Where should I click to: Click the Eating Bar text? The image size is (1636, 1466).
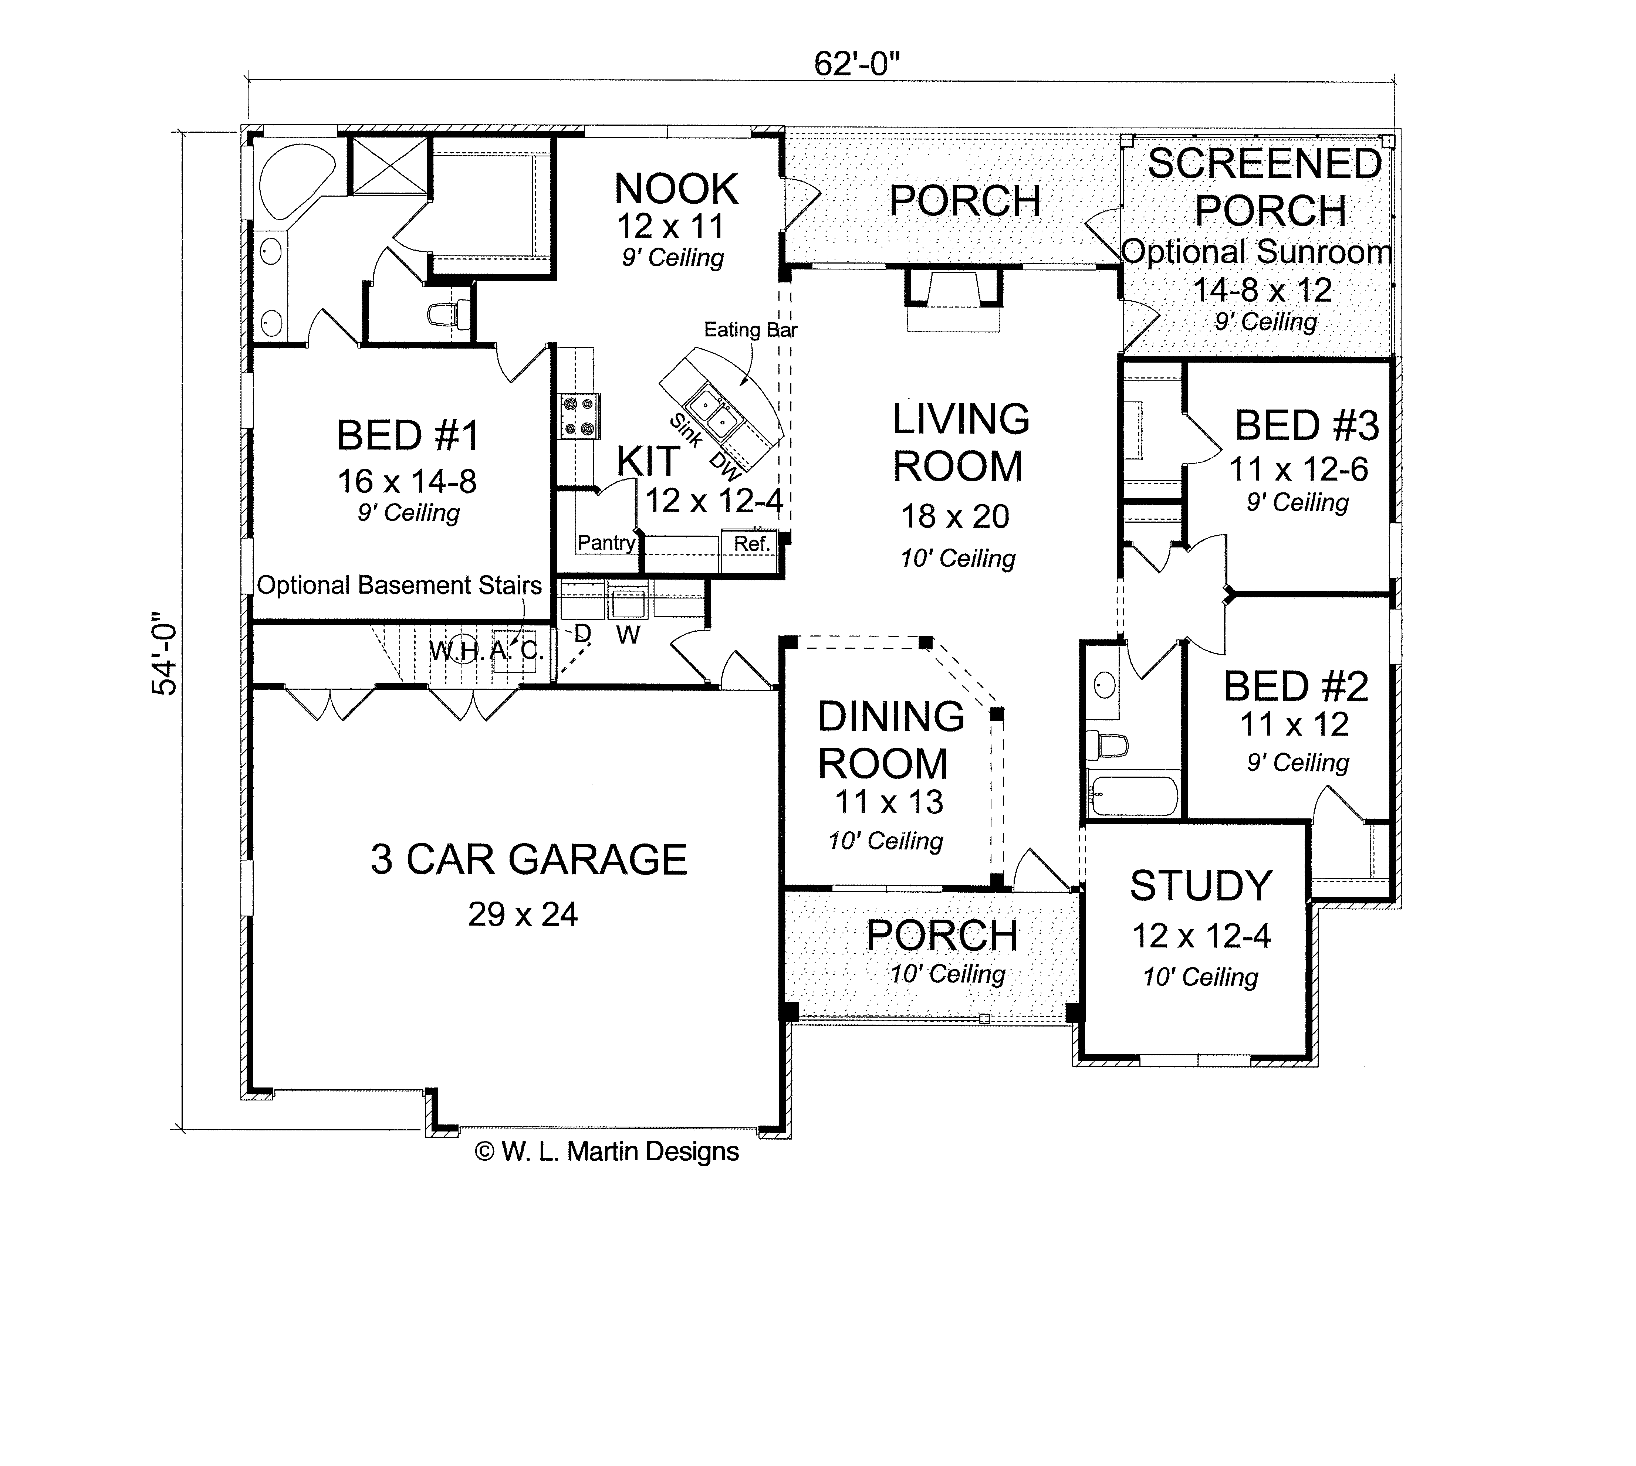[x=750, y=329]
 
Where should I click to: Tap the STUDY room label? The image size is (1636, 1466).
[x=1200, y=886]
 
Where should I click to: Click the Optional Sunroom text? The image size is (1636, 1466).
[x=1255, y=252]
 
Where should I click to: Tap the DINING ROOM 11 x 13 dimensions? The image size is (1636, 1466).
[x=888, y=801]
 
